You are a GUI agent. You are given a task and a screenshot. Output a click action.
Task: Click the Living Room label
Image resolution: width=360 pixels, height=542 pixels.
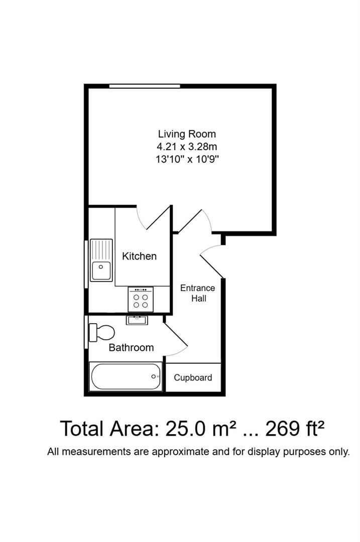point(187,134)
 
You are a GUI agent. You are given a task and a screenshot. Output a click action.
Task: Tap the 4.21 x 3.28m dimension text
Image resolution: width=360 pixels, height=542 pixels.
point(187,147)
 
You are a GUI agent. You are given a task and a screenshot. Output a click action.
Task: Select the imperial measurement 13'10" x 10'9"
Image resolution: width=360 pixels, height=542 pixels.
point(187,160)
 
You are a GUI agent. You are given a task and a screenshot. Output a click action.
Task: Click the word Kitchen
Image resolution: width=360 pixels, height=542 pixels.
point(139,256)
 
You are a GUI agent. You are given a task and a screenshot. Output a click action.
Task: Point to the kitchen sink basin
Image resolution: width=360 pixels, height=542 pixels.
point(102,270)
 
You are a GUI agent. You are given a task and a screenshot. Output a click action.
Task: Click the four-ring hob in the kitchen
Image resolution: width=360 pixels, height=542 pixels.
point(141,300)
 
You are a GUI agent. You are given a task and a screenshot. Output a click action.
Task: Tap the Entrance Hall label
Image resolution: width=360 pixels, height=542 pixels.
point(197,293)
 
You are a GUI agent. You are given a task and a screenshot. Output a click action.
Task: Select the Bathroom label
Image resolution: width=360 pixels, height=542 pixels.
point(131,347)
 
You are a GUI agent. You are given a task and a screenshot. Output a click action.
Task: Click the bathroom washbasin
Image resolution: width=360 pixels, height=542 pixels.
point(137,320)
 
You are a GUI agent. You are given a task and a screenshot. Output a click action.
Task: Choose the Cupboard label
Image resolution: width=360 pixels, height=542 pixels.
point(193,378)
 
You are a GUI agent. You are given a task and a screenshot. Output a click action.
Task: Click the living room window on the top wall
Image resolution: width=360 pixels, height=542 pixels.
point(145,86)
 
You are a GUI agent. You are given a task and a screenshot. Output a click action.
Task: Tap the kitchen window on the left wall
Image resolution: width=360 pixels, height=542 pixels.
point(86,264)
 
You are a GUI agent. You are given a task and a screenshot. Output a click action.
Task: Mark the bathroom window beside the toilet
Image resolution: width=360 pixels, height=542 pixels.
point(86,331)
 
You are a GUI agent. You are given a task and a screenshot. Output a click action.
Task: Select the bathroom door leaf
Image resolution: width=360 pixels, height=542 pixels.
point(175,333)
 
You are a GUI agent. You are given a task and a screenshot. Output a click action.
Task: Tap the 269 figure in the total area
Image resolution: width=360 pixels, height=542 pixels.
point(284,429)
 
